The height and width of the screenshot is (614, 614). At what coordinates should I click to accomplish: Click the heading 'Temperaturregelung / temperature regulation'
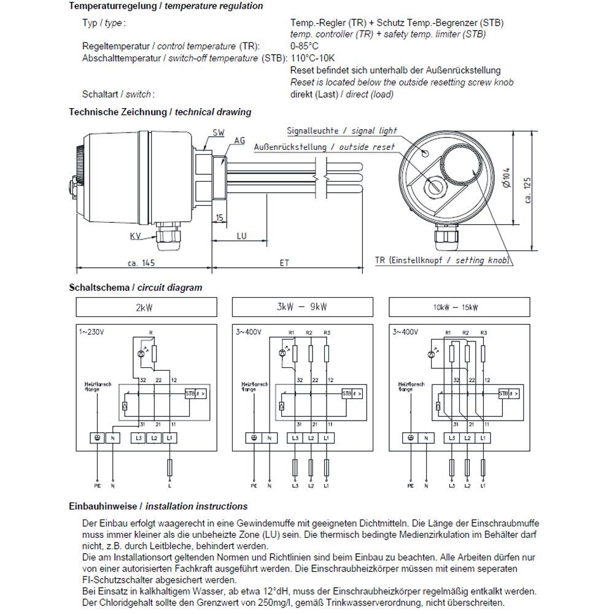point(166,6)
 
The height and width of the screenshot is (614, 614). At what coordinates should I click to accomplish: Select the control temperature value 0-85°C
point(305,46)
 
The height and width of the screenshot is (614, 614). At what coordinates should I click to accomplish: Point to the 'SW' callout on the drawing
point(218,133)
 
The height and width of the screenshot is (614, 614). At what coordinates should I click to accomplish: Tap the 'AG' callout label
point(239,141)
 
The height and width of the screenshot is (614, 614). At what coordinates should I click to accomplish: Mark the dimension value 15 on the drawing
point(219,219)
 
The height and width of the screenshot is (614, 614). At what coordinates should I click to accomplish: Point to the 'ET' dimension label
point(284,262)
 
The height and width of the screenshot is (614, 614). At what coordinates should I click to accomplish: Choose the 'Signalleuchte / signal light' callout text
point(342,131)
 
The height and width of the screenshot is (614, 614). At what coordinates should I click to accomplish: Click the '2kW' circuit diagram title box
point(145,307)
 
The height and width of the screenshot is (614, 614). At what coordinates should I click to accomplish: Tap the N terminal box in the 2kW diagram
point(113,438)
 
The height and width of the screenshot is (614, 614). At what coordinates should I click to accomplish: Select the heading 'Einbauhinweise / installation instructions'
point(158,507)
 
